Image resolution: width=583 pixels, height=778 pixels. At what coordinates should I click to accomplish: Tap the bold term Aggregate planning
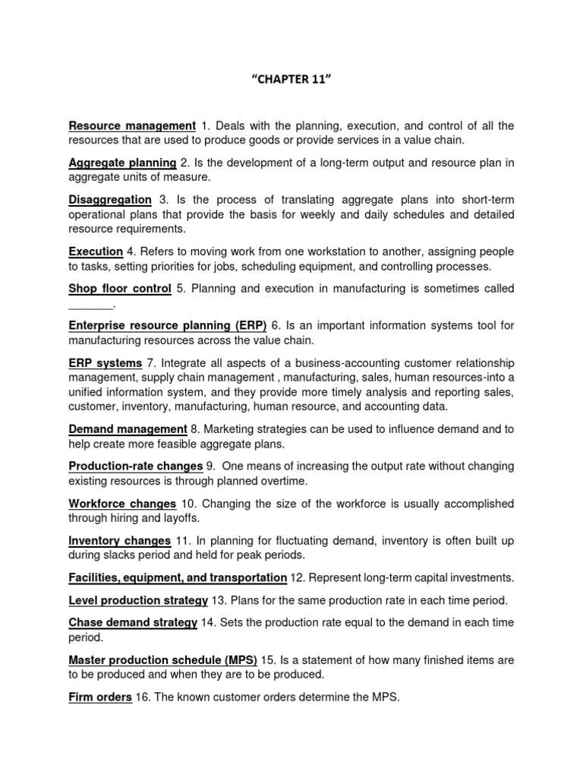coord(122,163)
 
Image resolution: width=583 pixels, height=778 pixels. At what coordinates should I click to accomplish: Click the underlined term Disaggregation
coord(110,200)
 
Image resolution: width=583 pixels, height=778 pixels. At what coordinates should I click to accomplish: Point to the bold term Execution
coord(96,251)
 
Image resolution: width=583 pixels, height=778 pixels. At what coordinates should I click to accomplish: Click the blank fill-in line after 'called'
coord(90,304)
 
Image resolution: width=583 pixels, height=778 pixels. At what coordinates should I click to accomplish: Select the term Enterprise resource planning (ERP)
coord(168,326)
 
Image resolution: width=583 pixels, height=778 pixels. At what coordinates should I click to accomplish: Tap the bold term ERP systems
coord(106,363)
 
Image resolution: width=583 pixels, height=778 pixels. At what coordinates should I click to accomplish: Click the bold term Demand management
coord(128,430)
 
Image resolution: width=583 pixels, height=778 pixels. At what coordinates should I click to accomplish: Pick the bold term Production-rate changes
coord(136,466)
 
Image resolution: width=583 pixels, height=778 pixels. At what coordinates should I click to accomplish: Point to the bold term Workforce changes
coord(122,504)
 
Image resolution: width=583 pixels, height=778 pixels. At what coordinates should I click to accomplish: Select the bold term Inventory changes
coord(120,541)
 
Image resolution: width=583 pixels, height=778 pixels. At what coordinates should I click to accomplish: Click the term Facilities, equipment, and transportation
coord(178,578)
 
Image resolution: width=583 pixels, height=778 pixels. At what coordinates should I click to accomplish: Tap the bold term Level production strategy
coord(138,600)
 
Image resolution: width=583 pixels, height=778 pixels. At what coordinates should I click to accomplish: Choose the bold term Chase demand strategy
coord(133,623)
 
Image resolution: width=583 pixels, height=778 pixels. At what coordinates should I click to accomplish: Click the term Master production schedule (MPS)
coord(163,659)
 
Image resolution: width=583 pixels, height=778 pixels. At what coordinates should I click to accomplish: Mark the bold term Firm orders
coord(100,697)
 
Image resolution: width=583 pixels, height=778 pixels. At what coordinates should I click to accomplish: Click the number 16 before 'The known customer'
coord(142,697)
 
